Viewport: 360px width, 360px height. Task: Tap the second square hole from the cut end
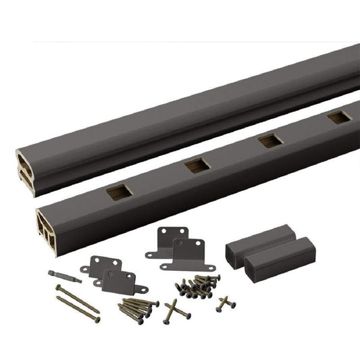(x=197, y=164)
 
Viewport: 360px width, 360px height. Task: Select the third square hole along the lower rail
(x=271, y=141)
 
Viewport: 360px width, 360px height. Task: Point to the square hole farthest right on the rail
(x=339, y=118)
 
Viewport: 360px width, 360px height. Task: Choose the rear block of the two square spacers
(x=253, y=243)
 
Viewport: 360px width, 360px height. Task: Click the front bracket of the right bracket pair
(x=188, y=253)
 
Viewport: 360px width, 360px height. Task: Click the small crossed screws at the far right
(x=226, y=302)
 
